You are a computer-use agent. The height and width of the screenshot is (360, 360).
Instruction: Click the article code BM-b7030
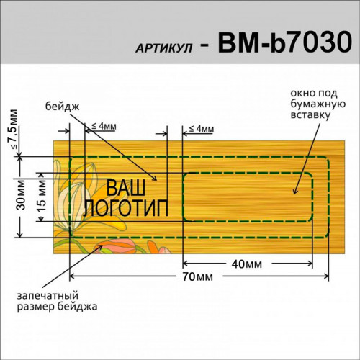click(x=285, y=42)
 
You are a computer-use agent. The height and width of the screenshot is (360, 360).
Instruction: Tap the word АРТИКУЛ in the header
click(x=164, y=49)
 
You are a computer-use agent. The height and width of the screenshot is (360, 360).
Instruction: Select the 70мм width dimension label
click(x=197, y=276)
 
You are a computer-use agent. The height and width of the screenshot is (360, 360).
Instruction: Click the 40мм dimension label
click(x=247, y=264)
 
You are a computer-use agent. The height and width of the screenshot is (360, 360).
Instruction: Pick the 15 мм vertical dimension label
click(x=42, y=196)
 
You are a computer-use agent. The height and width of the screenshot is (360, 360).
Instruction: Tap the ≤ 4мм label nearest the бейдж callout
click(x=104, y=126)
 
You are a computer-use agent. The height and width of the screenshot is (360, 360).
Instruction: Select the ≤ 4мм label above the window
click(x=202, y=129)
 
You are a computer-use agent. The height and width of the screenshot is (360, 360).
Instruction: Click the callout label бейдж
click(x=63, y=107)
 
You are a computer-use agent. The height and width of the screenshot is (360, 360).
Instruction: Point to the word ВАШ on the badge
click(x=126, y=188)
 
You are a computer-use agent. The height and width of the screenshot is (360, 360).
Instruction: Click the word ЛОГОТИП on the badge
click(x=125, y=208)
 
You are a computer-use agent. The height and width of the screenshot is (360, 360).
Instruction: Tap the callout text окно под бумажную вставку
click(x=318, y=104)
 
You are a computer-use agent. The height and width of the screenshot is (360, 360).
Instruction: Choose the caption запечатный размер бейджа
click(x=57, y=301)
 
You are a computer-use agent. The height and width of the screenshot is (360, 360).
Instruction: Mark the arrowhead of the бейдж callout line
click(x=154, y=178)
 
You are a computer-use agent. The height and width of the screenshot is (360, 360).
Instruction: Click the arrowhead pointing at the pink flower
click(x=100, y=247)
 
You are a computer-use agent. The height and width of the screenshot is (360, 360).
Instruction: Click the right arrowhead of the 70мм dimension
click(x=326, y=276)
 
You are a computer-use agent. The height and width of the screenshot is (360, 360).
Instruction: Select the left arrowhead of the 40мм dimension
click(x=186, y=264)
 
